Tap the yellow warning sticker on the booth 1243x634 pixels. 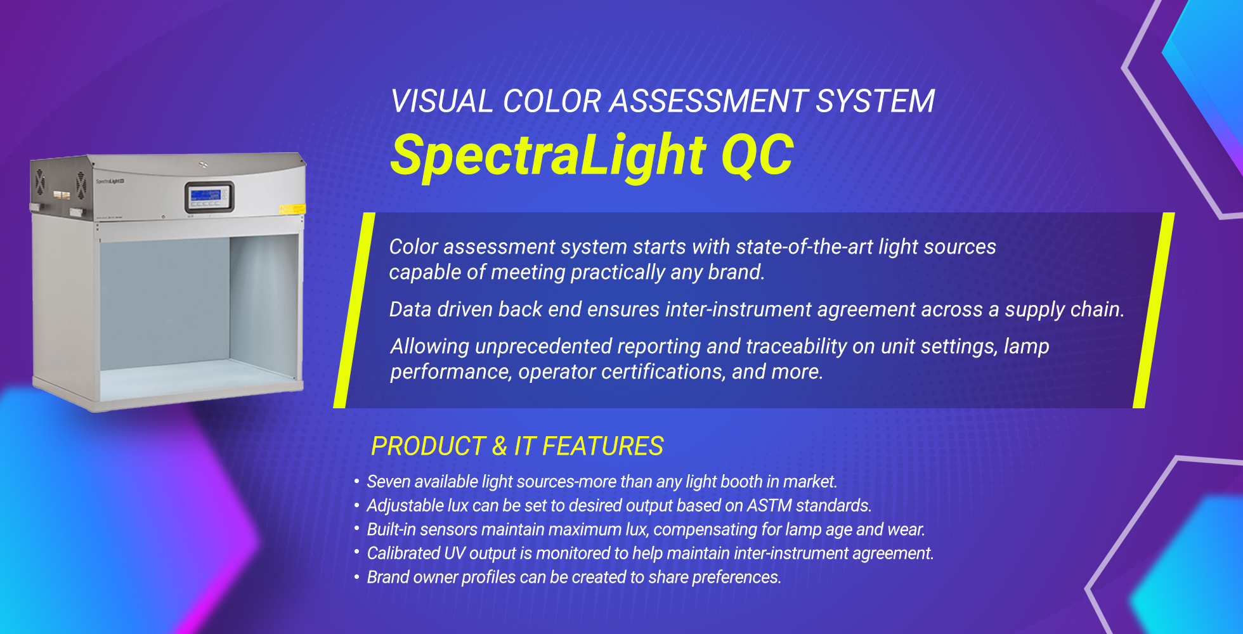(292, 209)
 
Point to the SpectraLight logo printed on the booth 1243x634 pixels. (110, 181)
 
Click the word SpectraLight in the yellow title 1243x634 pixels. (549, 156)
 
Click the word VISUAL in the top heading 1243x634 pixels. (441, 101)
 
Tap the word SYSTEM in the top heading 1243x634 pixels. (875, 101)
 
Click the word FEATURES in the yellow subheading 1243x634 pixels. (602, 446)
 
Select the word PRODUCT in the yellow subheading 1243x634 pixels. (429, 446)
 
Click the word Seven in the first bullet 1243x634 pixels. (388, 482)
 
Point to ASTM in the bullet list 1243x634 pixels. (769, 505)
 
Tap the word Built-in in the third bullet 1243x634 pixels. (391, 529)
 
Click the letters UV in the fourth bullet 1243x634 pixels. (455, 553)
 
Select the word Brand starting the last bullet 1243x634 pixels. (387, 577)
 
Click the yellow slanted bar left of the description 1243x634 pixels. (354, 311)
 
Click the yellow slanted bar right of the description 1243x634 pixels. (1154, 311)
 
